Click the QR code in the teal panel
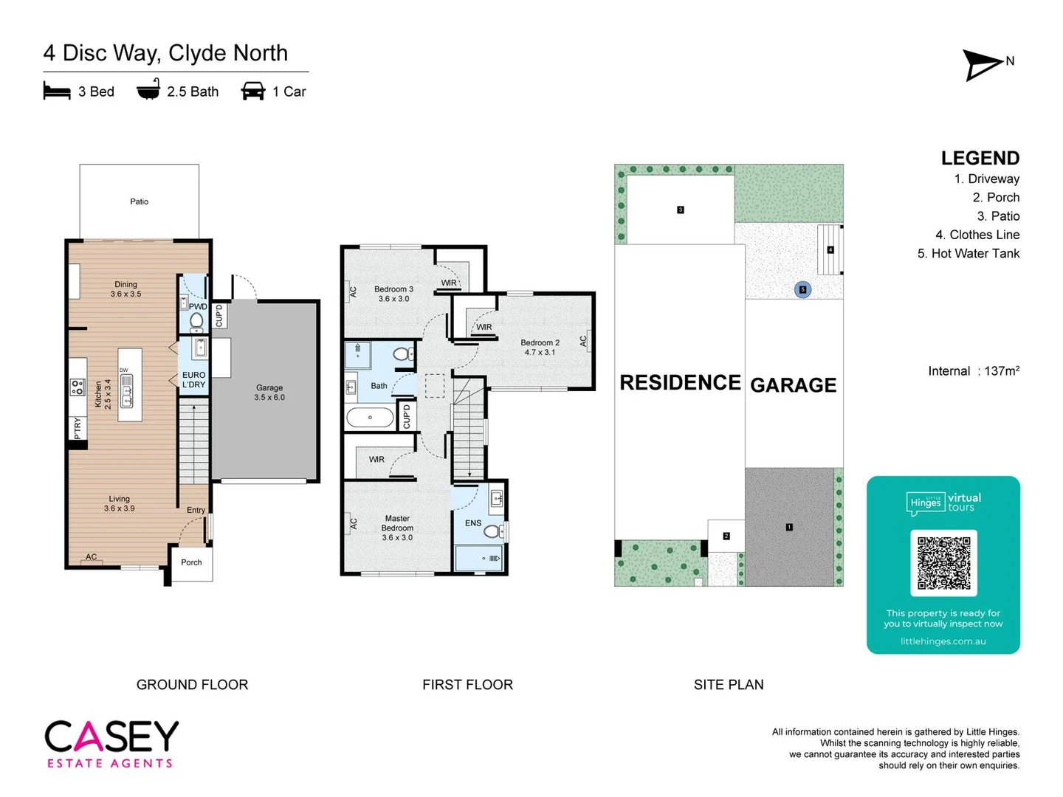[943, 563]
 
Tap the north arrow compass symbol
[984, 65]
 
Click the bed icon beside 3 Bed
[57, 91]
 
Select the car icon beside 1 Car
[253, 91]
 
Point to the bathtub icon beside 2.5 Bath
[148, 89]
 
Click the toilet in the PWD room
[196, 321]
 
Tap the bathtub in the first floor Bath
[371, 417]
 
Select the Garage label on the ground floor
[269, 387]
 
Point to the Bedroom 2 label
[540, 343]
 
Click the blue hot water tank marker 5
[802, 289]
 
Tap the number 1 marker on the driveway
[789, 527]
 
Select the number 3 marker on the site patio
[681, 210]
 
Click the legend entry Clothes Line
[977, 235]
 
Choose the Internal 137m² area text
[974, 371]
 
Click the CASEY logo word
[111, 736]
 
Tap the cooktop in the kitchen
[78, 387]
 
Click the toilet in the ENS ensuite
[492, 531]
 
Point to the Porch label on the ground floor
[191, 562]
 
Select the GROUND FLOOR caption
[192, 685]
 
